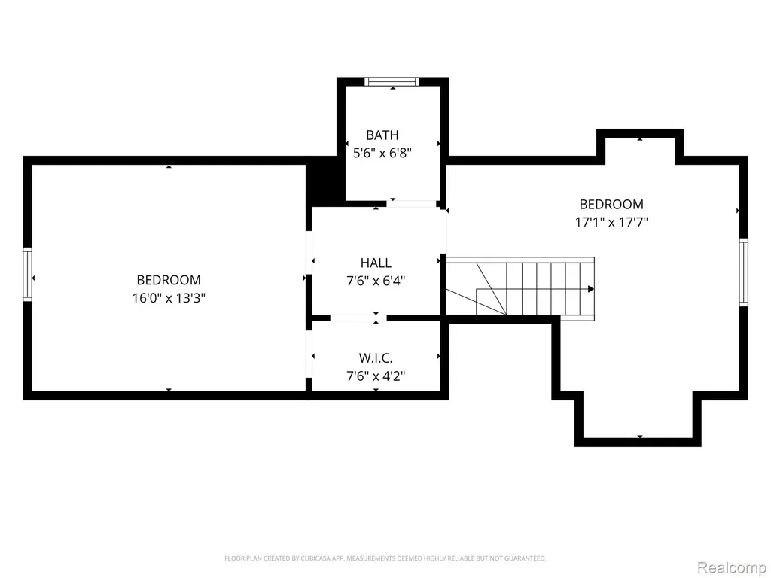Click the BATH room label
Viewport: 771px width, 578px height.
pos(382,135)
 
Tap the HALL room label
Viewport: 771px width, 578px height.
pos(376,263)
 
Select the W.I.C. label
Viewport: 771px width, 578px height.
pos(376,357)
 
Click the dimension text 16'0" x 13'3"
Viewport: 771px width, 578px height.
pos(169,298)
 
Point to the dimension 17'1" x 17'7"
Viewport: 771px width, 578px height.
pos(611,222)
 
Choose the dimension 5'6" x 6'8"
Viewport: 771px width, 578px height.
pos(382,153)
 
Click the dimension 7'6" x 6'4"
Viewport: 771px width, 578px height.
pos(376,281)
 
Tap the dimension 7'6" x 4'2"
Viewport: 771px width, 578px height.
pos(376,376)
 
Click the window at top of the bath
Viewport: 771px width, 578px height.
pos(392,81)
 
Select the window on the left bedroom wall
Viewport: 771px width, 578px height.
pos(28,274)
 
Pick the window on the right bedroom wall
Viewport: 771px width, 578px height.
pos(743,272)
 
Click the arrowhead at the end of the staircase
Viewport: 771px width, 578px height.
pos(591,289)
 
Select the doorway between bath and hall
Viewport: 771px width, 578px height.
pos(412,203)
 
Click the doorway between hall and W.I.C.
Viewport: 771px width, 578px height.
pos(358,318)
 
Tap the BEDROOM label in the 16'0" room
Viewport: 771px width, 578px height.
pos(169,280)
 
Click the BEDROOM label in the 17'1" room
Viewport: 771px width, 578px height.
pos(611,204)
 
